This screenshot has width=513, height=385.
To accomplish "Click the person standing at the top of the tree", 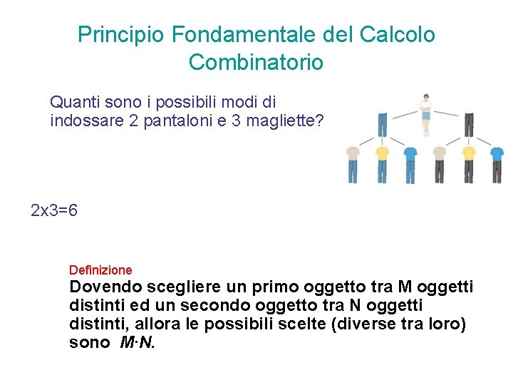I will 425,113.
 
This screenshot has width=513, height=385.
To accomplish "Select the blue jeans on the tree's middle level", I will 383,124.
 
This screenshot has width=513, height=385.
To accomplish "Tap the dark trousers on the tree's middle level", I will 468,124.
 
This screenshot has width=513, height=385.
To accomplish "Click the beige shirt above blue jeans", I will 353,153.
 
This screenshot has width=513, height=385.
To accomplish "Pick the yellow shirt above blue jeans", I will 383,153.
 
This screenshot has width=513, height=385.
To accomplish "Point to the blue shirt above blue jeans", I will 410,153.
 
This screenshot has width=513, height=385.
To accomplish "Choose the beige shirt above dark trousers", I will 440,153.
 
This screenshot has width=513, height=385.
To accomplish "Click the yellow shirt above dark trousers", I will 468,153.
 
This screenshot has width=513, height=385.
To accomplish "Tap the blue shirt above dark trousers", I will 497,153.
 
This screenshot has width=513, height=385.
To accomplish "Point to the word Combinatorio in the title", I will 256,63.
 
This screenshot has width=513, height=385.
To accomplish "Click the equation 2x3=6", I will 55,211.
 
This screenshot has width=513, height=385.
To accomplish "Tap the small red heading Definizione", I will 100,270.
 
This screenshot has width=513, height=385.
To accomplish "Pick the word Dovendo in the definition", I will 105,287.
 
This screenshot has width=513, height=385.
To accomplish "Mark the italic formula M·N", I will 137,343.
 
